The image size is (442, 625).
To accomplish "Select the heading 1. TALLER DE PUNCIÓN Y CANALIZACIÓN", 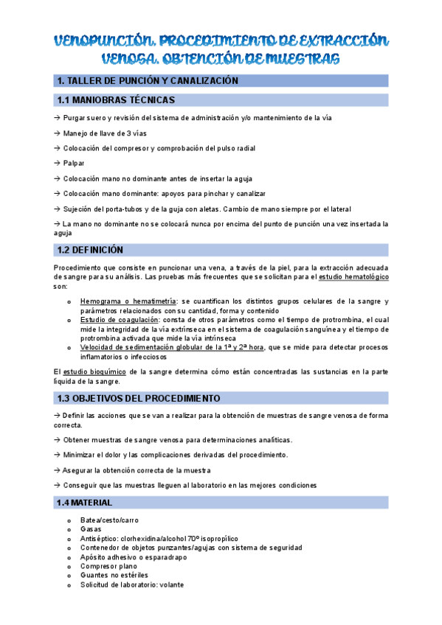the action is (x=148, y=80).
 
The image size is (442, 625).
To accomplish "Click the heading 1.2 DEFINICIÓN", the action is (x=90, y=250).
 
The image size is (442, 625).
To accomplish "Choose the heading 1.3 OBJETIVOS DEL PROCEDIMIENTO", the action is (x=138, y=398).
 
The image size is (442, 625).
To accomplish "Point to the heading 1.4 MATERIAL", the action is (x=84, y=503).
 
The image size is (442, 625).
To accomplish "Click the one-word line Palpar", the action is (x=74, y=163).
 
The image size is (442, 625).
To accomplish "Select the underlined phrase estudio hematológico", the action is (x=359, y=276).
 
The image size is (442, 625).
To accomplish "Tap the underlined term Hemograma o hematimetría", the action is (x=128, y=301).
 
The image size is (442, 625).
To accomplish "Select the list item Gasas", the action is (x=91, y=529).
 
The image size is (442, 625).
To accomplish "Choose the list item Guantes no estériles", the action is (x=114, y=575).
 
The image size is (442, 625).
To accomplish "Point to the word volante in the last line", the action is (x=171, y=584).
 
